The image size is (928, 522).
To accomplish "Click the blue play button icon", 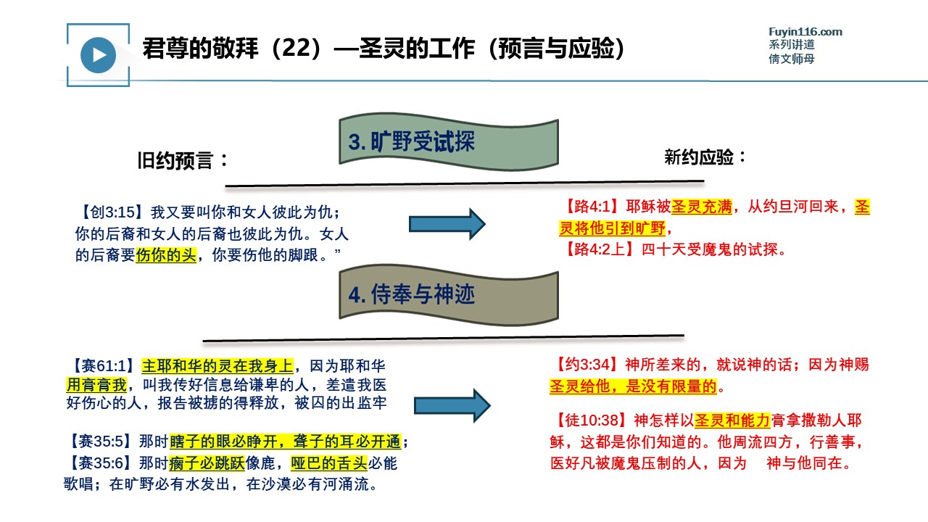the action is (98, 55).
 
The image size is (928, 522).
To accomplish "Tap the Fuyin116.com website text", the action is (805, 32).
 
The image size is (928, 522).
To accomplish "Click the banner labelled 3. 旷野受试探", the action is (449, 141).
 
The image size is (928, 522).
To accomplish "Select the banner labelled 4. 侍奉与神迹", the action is (449, 295).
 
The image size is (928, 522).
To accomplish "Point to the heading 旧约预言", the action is (182, 160).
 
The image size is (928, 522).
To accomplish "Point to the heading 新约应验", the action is (705, 157).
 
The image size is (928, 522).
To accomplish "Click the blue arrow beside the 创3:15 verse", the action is (447, 224).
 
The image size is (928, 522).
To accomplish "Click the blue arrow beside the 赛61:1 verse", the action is (452, 405).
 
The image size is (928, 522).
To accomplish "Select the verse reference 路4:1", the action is (592, 207).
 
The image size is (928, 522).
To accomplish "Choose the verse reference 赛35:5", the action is (101, 442).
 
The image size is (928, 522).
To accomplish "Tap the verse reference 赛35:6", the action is (101, 463).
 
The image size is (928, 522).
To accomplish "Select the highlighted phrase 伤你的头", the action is (166, 254).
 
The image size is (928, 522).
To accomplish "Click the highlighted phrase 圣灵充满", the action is (701, 207).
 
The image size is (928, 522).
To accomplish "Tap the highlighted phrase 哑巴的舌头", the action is (329, 463).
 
